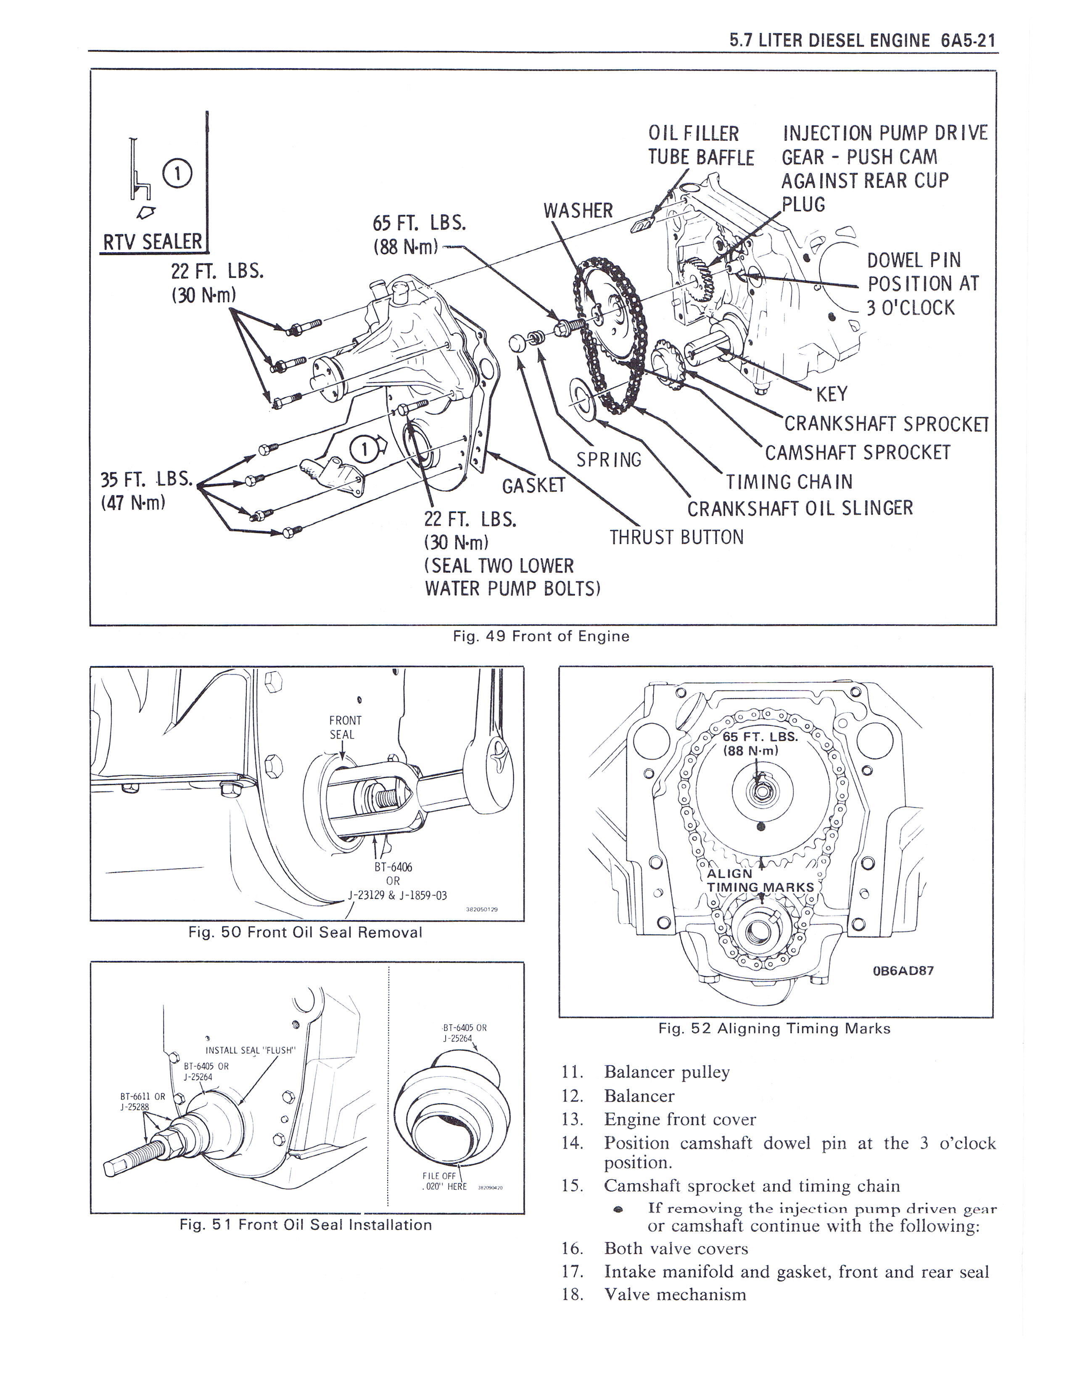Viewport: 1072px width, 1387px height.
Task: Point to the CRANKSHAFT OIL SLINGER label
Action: (x=800, y=508)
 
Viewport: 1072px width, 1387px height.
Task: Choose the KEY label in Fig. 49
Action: (x=831, y=394)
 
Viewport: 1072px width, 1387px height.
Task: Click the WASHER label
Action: (x=578, y=210)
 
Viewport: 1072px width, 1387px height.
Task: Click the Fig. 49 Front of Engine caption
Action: (x=541, y=636)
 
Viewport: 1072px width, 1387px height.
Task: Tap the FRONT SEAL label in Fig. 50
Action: (x=345, y=727)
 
